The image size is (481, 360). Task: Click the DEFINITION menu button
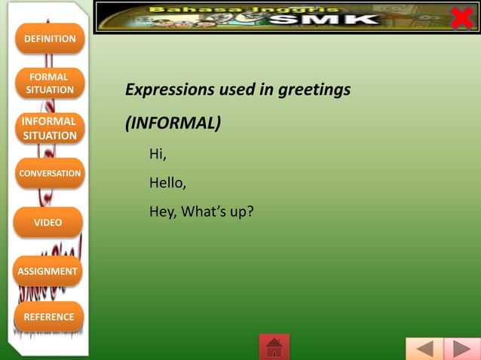[x=50, y=38]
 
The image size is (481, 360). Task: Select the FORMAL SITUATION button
[x=50, y=84]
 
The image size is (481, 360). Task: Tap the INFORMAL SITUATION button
[x=49, y=128]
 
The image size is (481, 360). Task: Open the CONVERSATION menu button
[x=50, y=173]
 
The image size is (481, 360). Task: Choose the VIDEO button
[x=48, y=222]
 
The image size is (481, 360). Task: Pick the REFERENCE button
[x=49, y=317]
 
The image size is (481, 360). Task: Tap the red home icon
[x=274, y=347]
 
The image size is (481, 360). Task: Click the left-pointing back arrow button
[x=424, y=349]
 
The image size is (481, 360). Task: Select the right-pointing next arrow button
[x=461, y=349]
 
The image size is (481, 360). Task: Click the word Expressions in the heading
[x=170, y=90]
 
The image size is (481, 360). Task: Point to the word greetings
[x=314, y=90]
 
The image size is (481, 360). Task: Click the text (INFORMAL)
[x=173, y=123]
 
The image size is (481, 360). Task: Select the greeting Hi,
[x=158, y=154]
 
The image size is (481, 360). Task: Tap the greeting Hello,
[x=167, y=182]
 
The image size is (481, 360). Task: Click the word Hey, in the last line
[x=163, y=212]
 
